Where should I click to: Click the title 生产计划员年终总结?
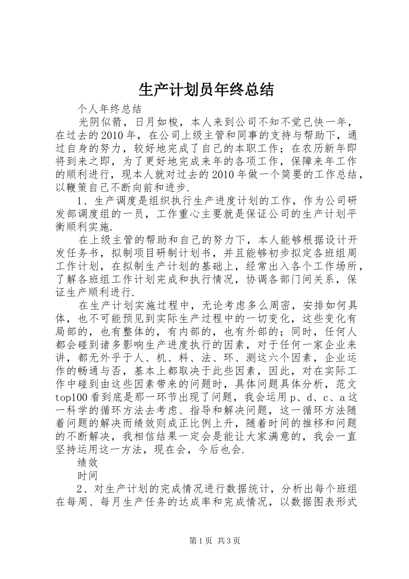(x=206, y=90)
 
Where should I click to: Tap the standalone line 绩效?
(x=88, y=463)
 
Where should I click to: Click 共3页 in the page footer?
(x=229, y=541)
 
